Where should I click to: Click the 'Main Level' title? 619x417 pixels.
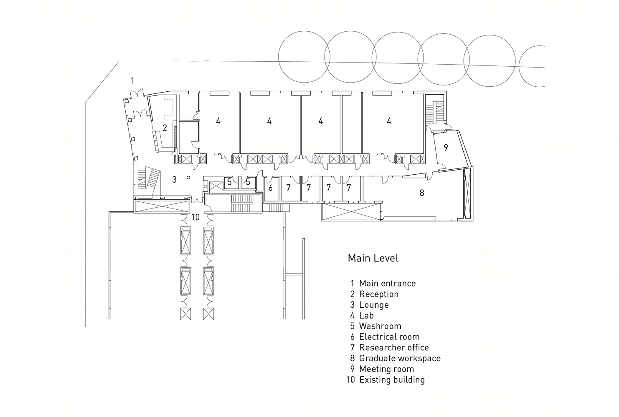coord(373,258)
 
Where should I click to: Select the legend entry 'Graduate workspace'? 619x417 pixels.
coord(396,358)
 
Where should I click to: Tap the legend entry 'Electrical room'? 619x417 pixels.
coord(385,337)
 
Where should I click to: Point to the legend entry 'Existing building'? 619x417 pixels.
coord(386,380)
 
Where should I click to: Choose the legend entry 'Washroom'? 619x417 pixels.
coord(376,326)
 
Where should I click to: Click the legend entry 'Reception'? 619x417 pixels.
coord(374,294)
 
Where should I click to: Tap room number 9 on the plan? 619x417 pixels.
coord(446,147)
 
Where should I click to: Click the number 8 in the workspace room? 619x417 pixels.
coord(422,193)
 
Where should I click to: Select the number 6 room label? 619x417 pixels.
coord(271,188)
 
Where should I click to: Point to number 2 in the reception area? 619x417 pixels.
coord(165,128)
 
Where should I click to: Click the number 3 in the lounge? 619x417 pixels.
coord(174,180)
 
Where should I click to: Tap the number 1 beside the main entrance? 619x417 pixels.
coord(133,81)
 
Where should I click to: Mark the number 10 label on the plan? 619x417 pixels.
coord(195,217)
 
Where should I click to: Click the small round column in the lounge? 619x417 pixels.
coord(188,178)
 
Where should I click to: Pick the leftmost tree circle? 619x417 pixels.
coord(304,57)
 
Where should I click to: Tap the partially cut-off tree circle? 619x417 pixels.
coord(532,66)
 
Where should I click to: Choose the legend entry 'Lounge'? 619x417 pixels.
coord(369,305)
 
